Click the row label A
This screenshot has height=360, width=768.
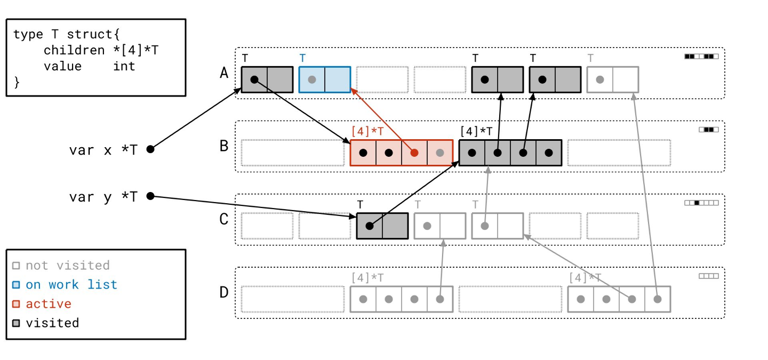(x=224, y=73)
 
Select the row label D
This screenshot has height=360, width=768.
(x=224, y=292)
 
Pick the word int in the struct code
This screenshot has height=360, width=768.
(x=124, y=66)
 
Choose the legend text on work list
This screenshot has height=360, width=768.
(x=71, y=285)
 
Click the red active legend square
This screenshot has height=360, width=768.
(x=17, y=304)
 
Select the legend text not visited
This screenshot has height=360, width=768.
(x=67, y=266)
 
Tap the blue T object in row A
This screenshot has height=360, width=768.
(x=324, y=79)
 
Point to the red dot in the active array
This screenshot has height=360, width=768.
(x=414, y=153)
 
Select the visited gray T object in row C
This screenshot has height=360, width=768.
(x=382, y=226)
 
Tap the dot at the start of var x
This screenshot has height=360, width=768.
(x=150, y=149)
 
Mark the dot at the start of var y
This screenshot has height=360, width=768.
(x=150, y=196)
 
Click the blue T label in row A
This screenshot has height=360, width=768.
(x=303, y=58)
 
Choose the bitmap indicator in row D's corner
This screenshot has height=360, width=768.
(x=709, y=276)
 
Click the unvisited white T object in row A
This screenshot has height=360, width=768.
(x=612, y=79)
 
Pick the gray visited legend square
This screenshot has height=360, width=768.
(x=17, y=323)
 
